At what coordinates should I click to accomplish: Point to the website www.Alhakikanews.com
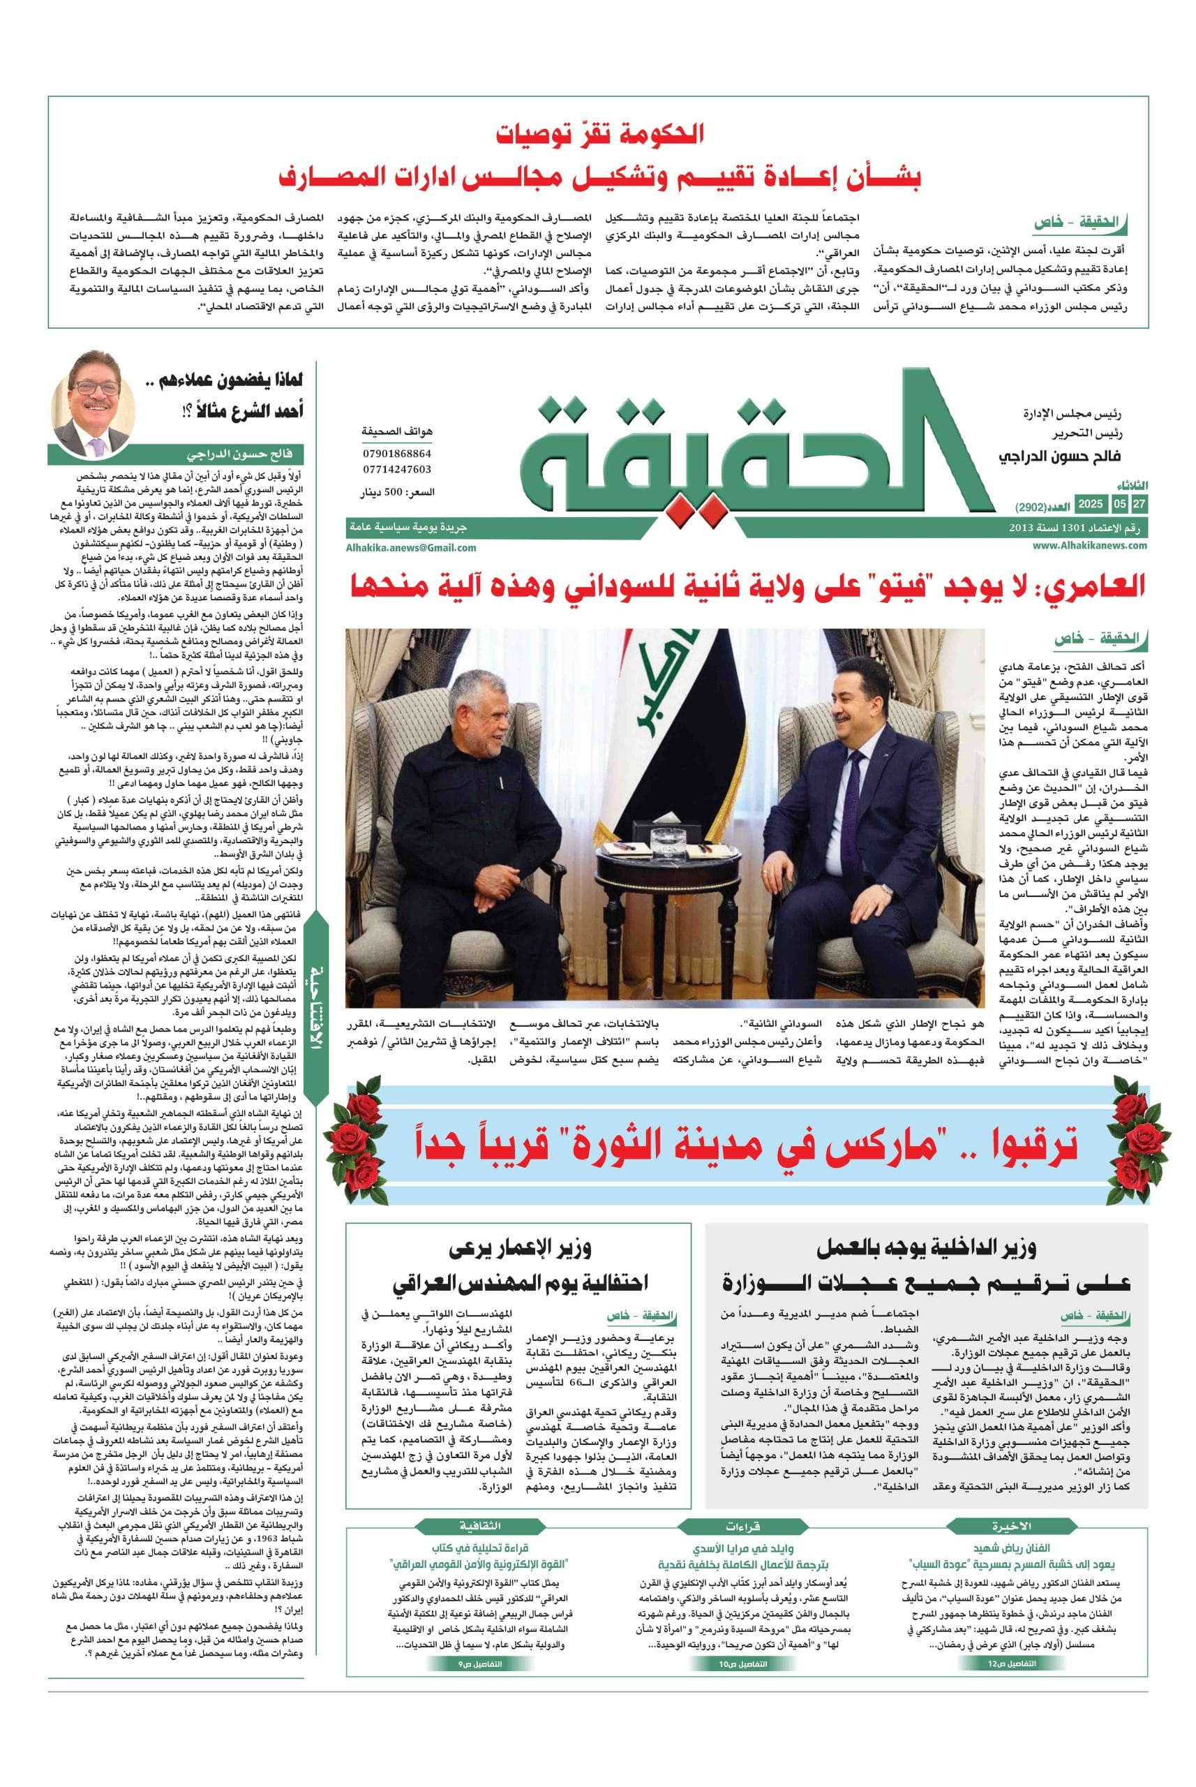coord(1090,546)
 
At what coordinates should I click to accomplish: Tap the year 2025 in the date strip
coord(1090,505)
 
